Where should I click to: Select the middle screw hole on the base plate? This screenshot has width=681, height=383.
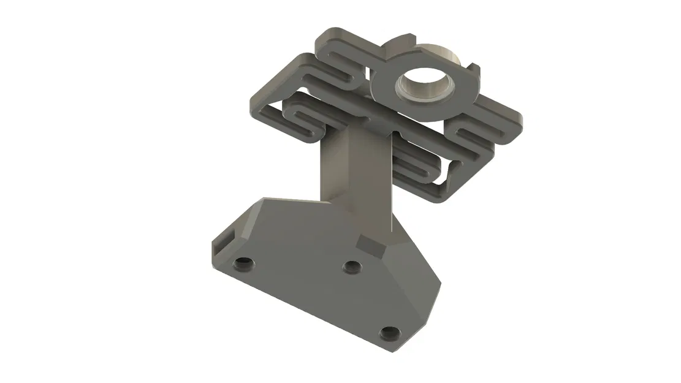(x=351, y=267)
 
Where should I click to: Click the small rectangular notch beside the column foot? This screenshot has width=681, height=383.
(x=368, y=246)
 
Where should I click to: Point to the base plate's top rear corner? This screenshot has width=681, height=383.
(x=265, y=199)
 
